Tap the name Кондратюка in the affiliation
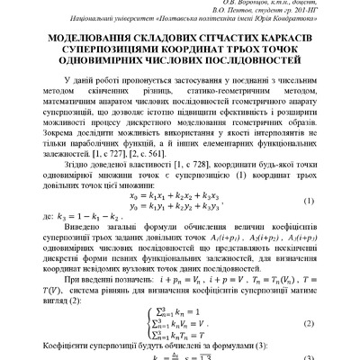click(x=299, y=24)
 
